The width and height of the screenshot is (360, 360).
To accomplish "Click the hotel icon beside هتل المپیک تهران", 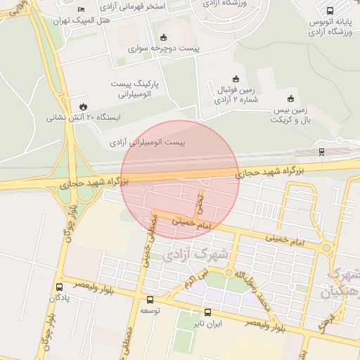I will [82, 9].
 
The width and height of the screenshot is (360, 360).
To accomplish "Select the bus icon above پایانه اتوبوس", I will [330, 11].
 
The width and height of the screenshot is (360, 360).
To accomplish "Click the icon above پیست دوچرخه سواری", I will [165, 37].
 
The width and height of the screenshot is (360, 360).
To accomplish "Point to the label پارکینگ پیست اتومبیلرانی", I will [136, 88].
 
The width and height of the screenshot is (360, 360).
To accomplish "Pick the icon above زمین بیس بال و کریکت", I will [291, 98].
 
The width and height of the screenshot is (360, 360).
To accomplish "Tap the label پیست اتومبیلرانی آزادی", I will [148, 143].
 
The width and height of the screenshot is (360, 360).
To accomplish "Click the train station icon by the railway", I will [321, 150].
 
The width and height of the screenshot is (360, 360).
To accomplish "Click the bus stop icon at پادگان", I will [58, 287].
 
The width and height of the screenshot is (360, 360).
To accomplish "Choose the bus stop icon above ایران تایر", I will [207, 313].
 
